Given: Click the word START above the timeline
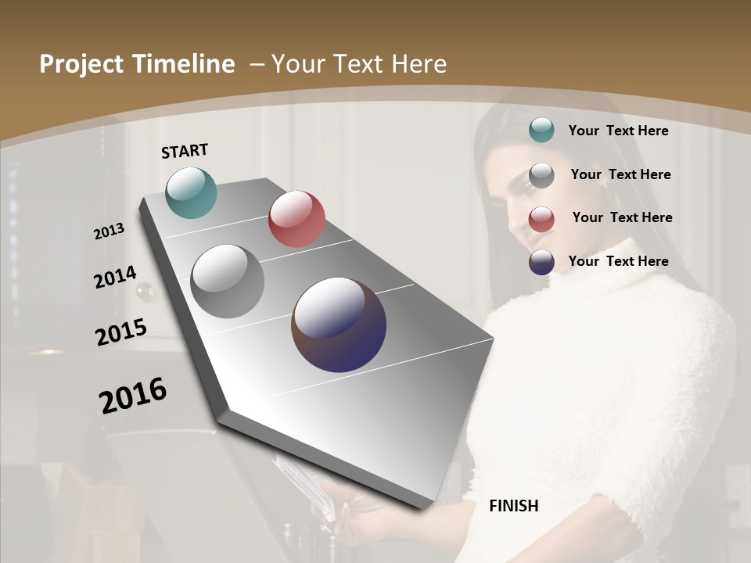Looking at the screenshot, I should point(185,151).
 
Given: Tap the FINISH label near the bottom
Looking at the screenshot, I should point(513,506).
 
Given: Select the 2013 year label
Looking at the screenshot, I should point(109,231).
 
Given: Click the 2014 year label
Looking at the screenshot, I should point(115,277).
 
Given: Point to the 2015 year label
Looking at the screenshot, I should point(121,332).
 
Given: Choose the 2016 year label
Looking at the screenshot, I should point(133,395).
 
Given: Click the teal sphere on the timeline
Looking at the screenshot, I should point(191,192).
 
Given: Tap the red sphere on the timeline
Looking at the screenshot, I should point(296,219).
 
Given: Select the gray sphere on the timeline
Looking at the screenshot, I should point(227,281).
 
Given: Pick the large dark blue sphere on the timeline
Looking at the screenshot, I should point(339,325).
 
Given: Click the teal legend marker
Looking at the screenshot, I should point(541,131).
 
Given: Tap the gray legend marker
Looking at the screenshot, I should point(541,175).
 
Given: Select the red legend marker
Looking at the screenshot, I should point(541,219).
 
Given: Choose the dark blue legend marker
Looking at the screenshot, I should point(541,262).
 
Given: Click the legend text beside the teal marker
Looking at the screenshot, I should point(618,131).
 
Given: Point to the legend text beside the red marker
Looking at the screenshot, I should point(622,217).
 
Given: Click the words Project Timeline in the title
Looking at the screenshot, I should point(137,64).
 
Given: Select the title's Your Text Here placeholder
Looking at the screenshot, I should point(358,64).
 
